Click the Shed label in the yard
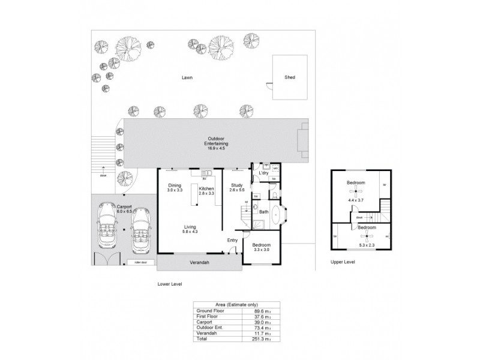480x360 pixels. click(290, 77)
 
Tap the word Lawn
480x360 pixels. click(188, 77)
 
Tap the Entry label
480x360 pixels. click(232, 241)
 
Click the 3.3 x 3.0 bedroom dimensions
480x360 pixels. click(261, 250)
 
